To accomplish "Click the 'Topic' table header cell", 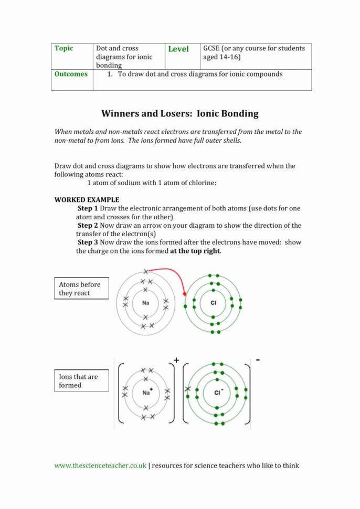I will (64, 48).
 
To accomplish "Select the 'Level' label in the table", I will (178, 49).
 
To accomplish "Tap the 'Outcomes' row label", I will (71, 74).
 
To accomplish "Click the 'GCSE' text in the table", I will (213, 48).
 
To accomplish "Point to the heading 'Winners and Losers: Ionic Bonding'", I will (179, 113).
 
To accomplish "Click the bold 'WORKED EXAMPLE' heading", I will (87, 200).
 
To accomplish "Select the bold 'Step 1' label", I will (88, 208).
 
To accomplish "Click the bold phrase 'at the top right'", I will (195, 251).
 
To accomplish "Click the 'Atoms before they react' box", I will (81, 289).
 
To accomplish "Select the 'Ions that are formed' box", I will (81, 381).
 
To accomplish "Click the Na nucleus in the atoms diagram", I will (145, 303).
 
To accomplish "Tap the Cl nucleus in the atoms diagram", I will (213, 303).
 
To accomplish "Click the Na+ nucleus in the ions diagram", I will (146, 392).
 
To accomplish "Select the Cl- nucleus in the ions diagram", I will (217, 392).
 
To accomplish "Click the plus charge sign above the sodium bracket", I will (176, 360).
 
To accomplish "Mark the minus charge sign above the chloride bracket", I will (258, 360).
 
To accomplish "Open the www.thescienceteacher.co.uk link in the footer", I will (100, 465).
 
